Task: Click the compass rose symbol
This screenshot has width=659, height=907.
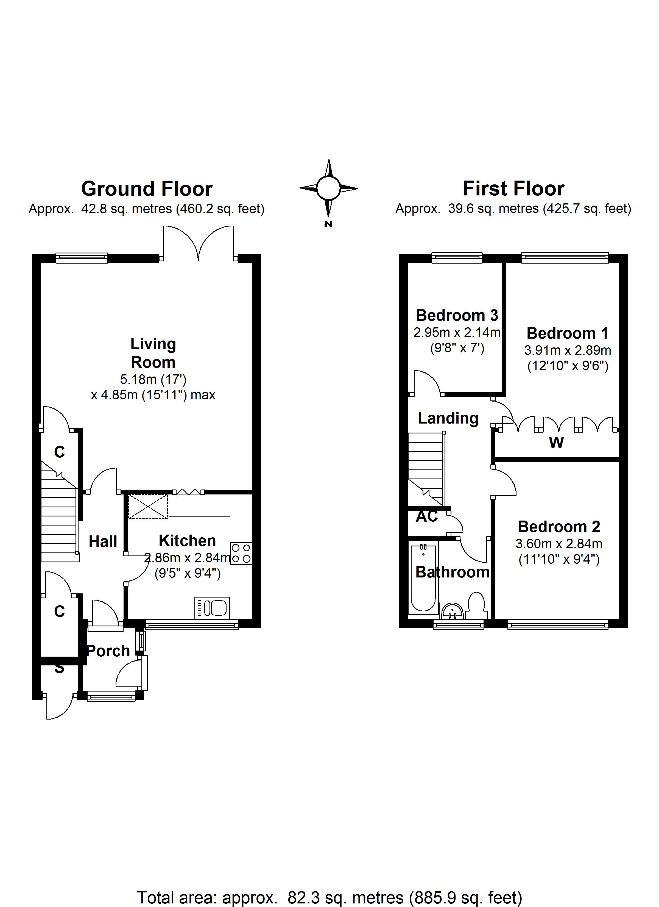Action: click(x=328, y=188)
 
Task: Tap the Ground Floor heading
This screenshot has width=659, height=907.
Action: click(x=147, y=189)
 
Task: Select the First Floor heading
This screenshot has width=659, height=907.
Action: click(x=513, y=189)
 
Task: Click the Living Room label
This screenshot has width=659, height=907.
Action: click(x=153, y=353)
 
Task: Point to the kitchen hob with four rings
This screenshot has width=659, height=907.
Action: click(x=241, y=553)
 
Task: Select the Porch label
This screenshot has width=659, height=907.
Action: click(x=108, y=651)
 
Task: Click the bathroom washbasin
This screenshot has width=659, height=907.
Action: click(x=453, y=611)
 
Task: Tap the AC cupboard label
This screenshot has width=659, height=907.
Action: click(x=427, y=516)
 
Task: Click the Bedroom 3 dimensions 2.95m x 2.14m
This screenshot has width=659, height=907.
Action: click(x=457, y=332)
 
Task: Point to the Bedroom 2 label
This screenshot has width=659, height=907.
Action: click(x=559, y=527)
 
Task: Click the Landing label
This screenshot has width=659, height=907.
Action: click(x=448, y=418)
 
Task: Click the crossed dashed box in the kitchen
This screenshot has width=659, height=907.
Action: click(x=148, y=507)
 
